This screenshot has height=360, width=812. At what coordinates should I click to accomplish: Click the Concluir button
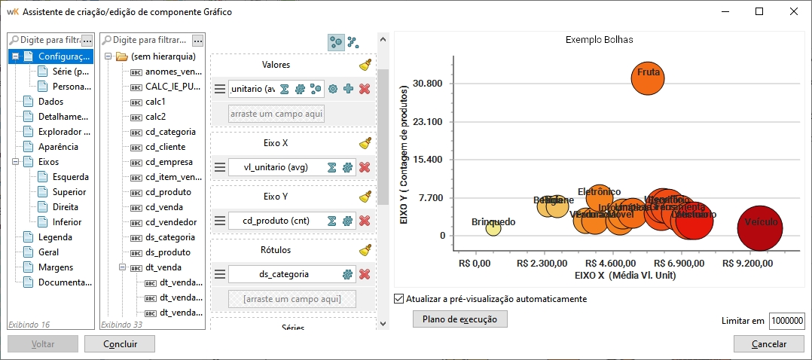click(120, 344)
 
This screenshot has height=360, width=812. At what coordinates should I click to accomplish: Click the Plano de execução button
click(460, 319)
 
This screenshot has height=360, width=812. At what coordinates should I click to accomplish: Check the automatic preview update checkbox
click(399, 299)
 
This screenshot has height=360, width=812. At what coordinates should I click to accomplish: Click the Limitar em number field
click(787, 321)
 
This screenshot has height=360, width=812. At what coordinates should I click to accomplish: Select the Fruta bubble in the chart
click(648, 78)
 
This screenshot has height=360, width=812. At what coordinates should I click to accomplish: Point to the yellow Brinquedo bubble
click(493, 227)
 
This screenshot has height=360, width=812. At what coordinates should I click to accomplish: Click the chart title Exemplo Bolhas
click(599, 39)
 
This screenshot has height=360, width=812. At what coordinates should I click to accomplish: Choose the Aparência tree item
click(58, 147)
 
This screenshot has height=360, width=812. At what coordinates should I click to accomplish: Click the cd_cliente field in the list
click(165, 147)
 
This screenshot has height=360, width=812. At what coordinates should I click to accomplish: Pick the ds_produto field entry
click(168, 252)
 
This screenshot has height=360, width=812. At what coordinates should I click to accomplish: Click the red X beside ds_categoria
click(365, 275)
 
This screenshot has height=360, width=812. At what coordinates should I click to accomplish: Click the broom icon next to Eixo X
click(365, 142)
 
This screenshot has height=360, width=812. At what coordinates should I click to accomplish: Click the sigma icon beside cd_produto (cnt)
click(331, 221)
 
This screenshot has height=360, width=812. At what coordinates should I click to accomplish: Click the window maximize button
click(759, 11)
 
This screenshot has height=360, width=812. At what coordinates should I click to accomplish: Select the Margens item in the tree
click(56, 267)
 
